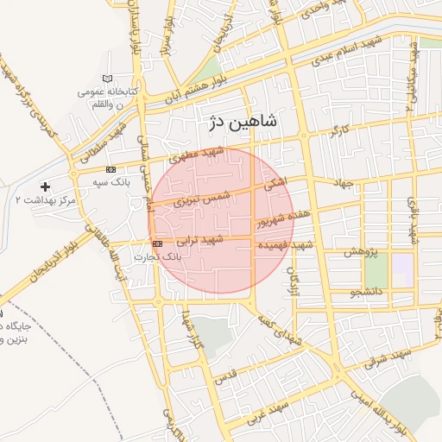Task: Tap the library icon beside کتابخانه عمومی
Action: click(107, 79)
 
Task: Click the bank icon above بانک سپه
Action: click(110, 170)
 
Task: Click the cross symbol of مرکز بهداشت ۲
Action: click(45, 186)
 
